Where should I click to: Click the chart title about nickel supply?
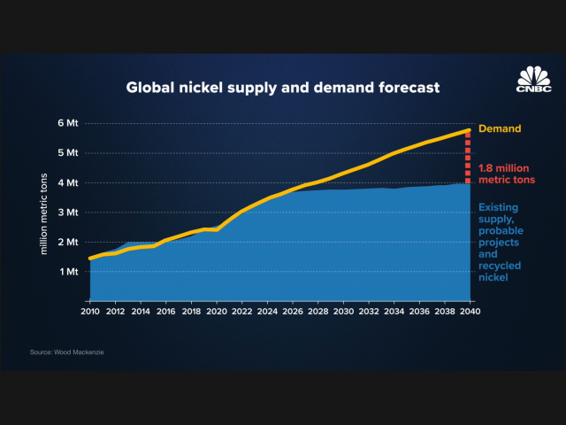coord(282,88)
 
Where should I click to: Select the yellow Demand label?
coord(499,128)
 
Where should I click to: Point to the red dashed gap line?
coord(469,158)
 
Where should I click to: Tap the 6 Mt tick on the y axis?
coord(70,123)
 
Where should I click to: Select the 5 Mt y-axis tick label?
coord(70,152)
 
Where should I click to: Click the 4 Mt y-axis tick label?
coord(70,182)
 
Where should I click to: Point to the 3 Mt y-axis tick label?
coord(70,212)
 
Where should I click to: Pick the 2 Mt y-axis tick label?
coord(70,242)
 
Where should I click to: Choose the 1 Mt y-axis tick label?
coord(70,272)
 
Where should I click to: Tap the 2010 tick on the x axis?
coord(90,312)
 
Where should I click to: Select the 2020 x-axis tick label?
coord(217,312)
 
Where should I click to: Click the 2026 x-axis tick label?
coord(293,312)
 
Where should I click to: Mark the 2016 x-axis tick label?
coord(166,312)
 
